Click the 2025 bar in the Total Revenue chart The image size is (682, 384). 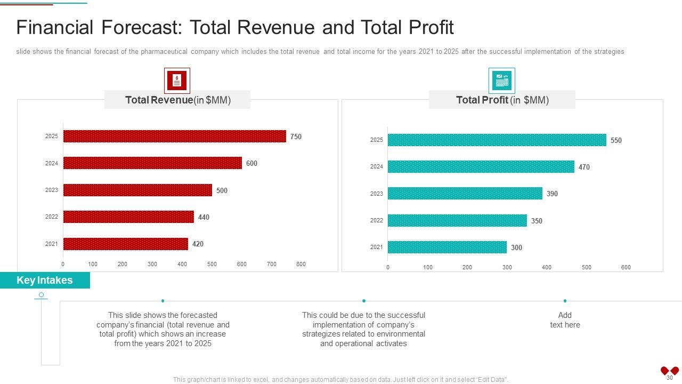pyautogui.click(x=174, y=137)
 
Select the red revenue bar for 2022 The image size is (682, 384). pyautogui.click(x=128, y=217)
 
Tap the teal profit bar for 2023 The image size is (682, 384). pyautogui.click(x=465, y=194)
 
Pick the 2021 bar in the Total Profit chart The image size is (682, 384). pyautogui.click(x=447, y=247)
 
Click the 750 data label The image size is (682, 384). pyautogui.click(x=296, y=137)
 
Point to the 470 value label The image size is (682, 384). pyautogui.click(x=584, y=167)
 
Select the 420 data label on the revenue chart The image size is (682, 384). pyautogui.click(x=198, y=244)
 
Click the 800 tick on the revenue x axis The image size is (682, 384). pyautogui.click(x=301, y=264)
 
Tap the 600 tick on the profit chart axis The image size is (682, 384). pyautogui.click(x=626, y=267)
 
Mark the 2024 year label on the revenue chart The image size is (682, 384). pyautogui.click(x=51, y=163)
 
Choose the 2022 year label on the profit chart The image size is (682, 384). pyautogui.click(x=377, y=220)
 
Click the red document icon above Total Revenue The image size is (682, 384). pyautogui.click(x=177, y=81)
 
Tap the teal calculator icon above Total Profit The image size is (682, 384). pyautogui.click(x=502, y=81)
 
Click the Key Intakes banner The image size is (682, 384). pyautogui.click(x=45, y=281)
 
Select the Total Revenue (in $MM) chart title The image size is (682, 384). pyautogui.click(x=177, y=100)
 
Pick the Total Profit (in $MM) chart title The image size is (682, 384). pyautogui.click(x=502, y=100)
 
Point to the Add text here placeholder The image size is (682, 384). pyautogui.click(x=565, y=320)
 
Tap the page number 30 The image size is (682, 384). pyautogui.click(x=670, y=378)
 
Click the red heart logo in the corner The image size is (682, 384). pyautogui.click(x=669, y=370)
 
